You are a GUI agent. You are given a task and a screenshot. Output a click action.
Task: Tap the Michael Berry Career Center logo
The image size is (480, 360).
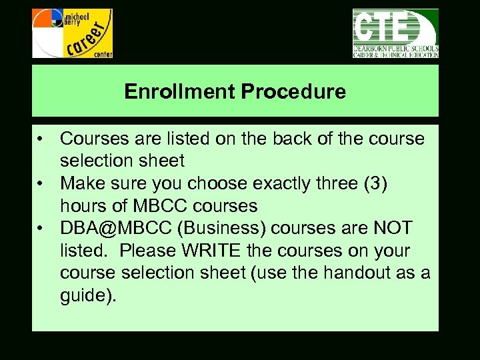[73, 33]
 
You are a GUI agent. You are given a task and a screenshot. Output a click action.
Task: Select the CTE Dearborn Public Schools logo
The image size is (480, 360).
[395, 33]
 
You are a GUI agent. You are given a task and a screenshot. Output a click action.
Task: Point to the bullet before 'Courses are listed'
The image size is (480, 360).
[41, 139]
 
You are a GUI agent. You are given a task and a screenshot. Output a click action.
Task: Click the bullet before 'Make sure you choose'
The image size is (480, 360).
[41, 184]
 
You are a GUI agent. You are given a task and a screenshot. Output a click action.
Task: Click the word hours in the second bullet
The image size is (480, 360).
[80, 207]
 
